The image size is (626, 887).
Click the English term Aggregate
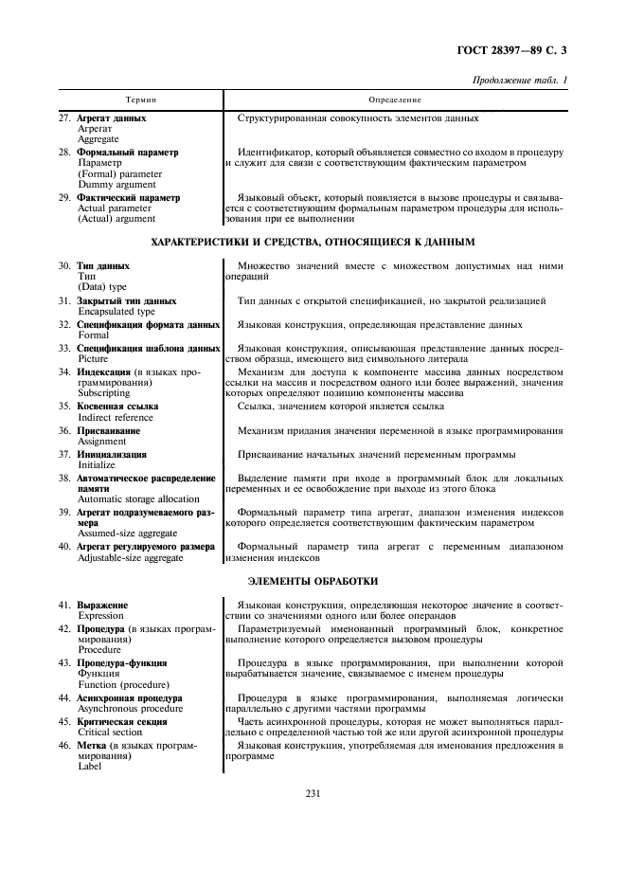98,138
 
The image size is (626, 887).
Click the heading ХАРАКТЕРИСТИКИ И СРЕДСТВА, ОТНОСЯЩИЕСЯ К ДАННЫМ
313,243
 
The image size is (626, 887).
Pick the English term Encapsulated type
116,311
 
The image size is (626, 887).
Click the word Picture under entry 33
93,359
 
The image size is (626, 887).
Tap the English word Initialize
97,465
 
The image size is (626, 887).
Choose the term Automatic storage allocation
138,498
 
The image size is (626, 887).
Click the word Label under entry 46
89,766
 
